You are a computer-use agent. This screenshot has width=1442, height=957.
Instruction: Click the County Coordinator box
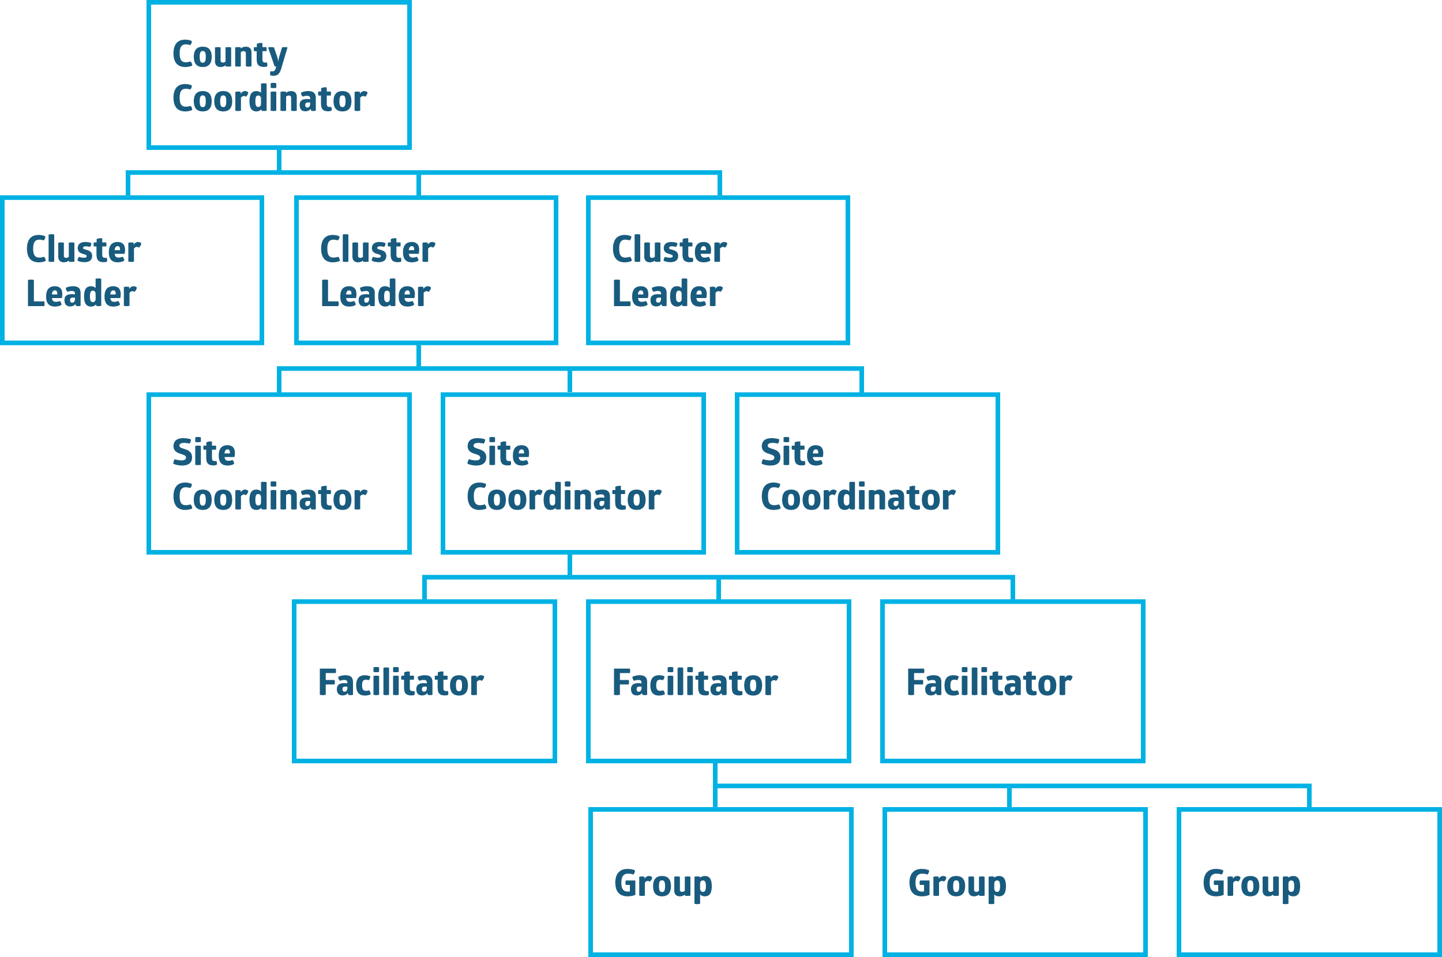coord(279,75)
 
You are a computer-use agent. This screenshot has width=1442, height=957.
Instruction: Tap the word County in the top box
coord(230,55)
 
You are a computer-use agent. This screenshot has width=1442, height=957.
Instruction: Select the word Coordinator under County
coord(269,99)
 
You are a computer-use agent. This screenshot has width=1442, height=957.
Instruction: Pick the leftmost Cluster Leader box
coord(133,270)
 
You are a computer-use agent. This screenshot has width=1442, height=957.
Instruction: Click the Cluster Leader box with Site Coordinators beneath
coord(426,270)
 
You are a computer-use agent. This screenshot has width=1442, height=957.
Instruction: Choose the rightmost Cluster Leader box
coord(718,270)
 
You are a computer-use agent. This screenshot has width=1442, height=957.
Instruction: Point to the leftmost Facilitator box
coord(425,681)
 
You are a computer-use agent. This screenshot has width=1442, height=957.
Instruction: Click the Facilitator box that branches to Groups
coord(719,681)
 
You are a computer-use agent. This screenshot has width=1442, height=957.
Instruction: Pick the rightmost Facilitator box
coord(1013,681)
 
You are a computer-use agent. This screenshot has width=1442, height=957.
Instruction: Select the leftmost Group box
coord(721,882)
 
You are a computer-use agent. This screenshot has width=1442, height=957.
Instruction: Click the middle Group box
coord(1015,882)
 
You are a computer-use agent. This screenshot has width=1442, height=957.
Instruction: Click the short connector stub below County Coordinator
coord(279,160)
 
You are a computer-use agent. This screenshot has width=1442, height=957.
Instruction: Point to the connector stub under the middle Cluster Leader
coord(419,356)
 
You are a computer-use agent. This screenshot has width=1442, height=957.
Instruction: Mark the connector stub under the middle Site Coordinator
coord(570,564)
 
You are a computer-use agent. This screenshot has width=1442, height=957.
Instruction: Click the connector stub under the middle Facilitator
coord(715,773)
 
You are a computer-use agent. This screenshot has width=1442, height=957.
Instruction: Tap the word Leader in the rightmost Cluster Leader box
coord(667,293)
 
